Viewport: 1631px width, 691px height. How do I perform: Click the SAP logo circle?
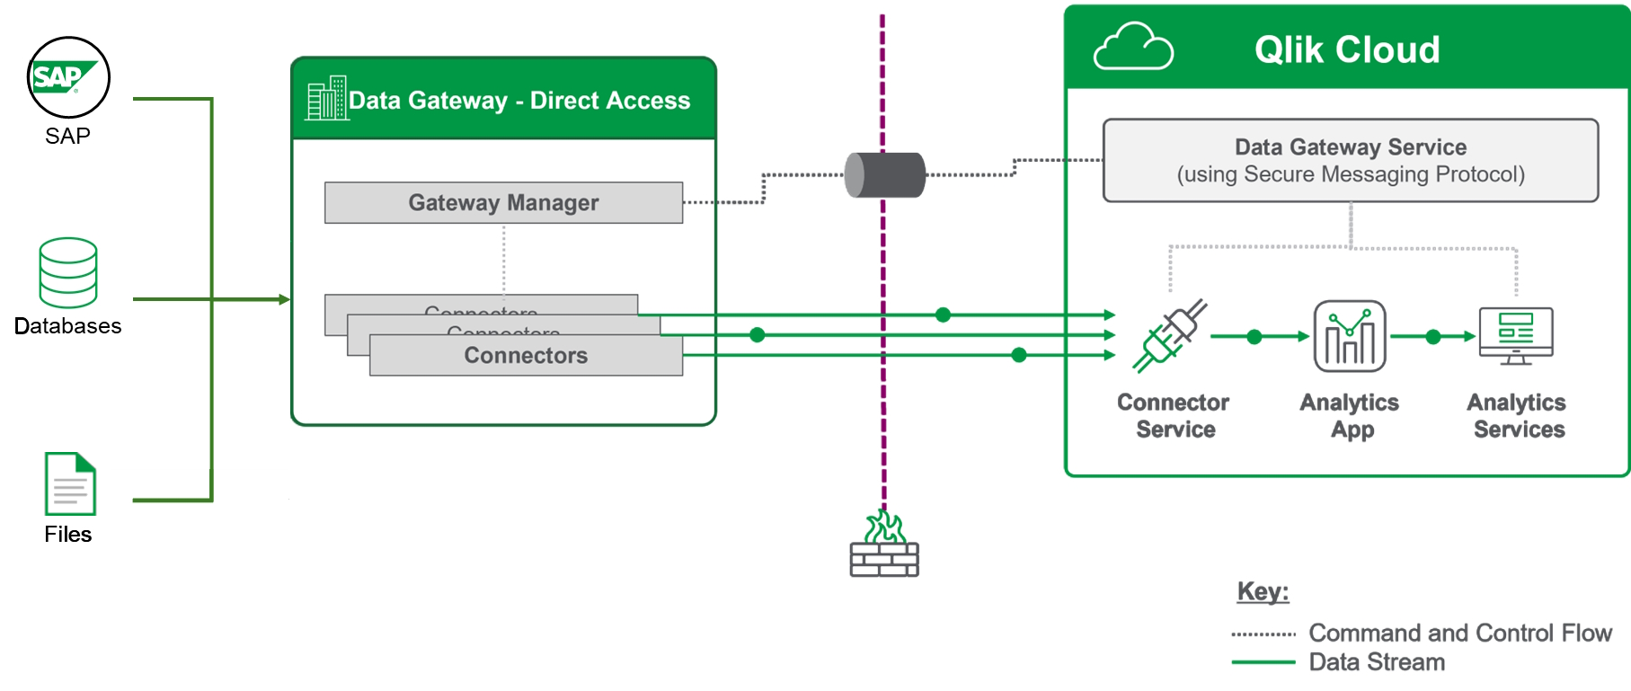pyautogui.click(x=68, y=77)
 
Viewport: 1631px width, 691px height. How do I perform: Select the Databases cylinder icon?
pyautogui.click(x=68, y=272)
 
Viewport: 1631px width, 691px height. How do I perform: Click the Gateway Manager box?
pyautogui.click(x=503, y=203)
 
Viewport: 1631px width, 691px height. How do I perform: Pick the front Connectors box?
pyautogui.click(x=526, y=356)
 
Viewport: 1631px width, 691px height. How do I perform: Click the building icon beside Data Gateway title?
pyautogui.click(x=326, y=98)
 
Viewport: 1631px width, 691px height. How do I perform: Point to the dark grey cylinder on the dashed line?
pyautogui.click(x=885, y=175)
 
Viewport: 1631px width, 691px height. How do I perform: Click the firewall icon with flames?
pyautogui.click(x=884, y=545)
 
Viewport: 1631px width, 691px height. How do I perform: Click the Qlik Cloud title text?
pyautogui.click(x=1346, y=49)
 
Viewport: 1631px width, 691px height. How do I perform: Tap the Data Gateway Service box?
pyautogui.click(x=1350, y=160)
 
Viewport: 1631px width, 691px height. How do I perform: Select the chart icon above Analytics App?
pyautogui.click(x=1350, y=336)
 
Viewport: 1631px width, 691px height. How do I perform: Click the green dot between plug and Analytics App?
pyautogui.click(x=1254, y=337)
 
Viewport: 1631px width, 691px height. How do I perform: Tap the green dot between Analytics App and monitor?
pyautogui.click(x=1433, y=337)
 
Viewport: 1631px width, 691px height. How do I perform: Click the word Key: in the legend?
pyautogui.click(x=1263, y=591)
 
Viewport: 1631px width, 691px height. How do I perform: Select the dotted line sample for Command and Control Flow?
pyautogui.click(x=1263, y=634)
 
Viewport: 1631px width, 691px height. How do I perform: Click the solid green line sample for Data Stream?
pyautogui.click(x=1263, y=662)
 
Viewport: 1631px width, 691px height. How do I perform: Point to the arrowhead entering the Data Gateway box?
pyautogui.click(x=284, y=299)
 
